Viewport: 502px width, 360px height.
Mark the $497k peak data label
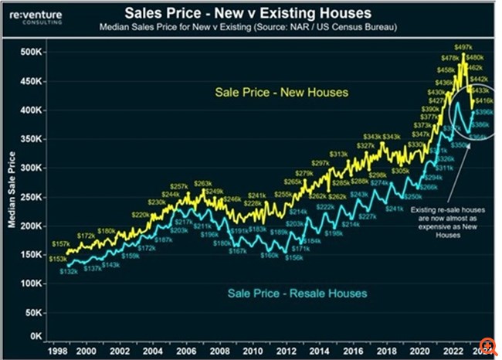(x=462, y=47)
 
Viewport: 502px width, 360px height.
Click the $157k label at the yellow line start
(x=59, y=244)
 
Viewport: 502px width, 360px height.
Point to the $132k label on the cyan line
(x=68, y=272)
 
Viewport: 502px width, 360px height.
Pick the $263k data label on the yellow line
(x=202, y=183)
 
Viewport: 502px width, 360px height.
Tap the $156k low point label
(x=294, y=257)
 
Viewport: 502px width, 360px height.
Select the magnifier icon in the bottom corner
(x=488, y=346)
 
